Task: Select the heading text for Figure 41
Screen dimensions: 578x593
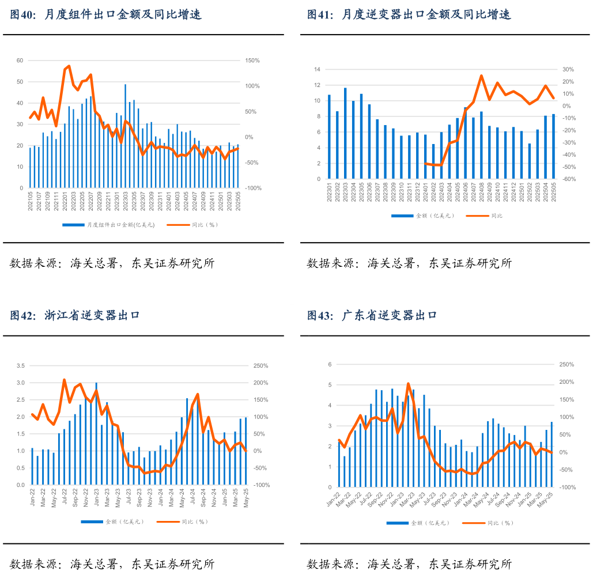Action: (409, 15)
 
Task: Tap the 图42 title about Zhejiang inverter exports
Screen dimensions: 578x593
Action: (75, 315)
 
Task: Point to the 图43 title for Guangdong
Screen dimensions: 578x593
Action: (372, 315)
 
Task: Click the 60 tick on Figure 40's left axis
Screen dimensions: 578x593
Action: (20, 61)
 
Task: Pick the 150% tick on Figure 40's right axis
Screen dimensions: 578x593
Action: (253, 61)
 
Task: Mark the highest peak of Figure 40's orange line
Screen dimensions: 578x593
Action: (69, 66)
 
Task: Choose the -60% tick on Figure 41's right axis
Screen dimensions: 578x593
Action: (568, 179)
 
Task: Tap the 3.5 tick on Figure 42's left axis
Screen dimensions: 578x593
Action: (21, 366)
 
